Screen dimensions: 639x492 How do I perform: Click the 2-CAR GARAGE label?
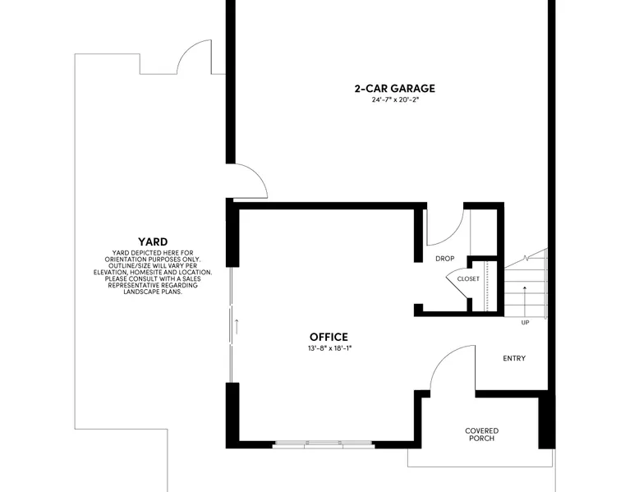tap(394, 89)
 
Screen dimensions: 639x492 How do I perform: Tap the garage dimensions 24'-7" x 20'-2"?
tap(395, 100)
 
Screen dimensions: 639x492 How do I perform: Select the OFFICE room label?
tap(329, 337)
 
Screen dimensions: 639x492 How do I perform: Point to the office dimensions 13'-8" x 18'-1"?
tap(329, 348)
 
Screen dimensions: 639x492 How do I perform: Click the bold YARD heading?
tap(153, 241)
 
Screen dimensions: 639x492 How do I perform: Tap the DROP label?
tap(444, 259)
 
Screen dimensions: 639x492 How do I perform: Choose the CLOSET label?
tap(468, 278)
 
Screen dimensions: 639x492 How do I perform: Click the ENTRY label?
tap(514, 358)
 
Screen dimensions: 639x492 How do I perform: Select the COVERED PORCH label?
tap(481, 435)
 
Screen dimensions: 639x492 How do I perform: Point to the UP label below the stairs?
tap(525, 323)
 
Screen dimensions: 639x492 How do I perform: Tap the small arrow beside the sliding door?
tap(236, 327)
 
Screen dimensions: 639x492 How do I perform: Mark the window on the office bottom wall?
tap(323, 444)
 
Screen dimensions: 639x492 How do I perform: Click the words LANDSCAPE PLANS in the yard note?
tap(153, 292)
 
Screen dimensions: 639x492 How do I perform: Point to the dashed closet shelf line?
tap(486, 286)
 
